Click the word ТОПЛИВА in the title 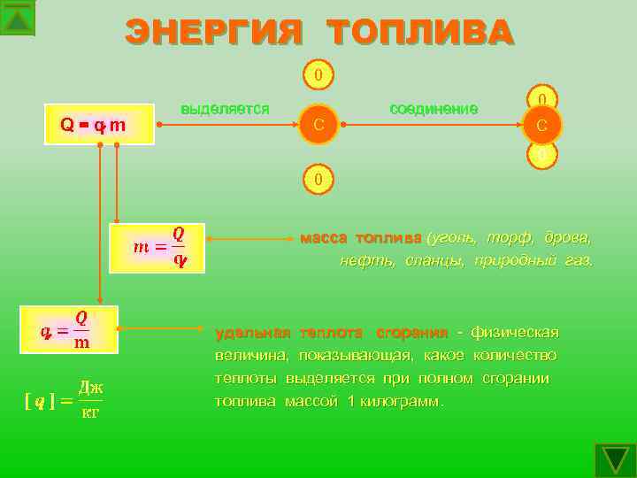pos(419,34)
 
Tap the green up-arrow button pos(18,18)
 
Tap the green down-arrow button pos(615,460)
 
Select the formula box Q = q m pos(93,126)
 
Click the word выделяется pos(225,109)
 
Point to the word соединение pos(434,109)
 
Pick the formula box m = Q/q pos(157,247)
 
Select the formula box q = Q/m pos(69,328)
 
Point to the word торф pos(507,238)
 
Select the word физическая pos(515,333)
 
